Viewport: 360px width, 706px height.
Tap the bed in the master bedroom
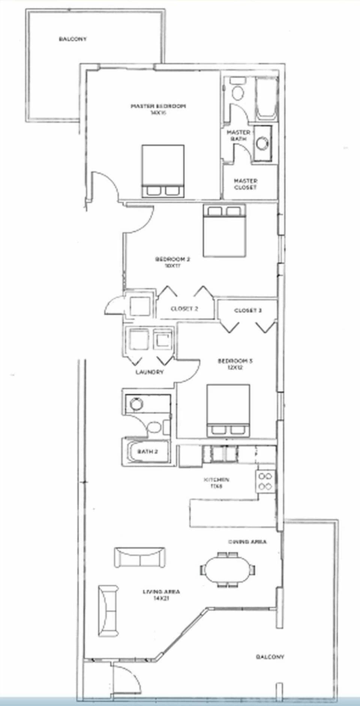[x=163, y=171]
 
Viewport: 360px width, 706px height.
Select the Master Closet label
[x=246, y=184]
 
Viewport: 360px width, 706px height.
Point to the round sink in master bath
[x=262, y=143]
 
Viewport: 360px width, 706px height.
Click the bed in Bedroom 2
[x=224, y=231]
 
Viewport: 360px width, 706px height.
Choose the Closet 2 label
[x=184, y=309]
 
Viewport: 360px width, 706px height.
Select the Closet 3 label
[x=248, y=310]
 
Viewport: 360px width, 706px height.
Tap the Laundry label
[x=149, y=372]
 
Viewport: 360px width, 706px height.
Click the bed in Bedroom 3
[x=228, y=411]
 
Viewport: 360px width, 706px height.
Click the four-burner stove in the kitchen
[x=265, y=481]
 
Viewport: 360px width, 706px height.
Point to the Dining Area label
[x=247, y=542]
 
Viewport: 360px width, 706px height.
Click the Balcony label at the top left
[x=73, y=39]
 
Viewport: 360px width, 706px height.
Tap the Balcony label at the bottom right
[x=270, y=657]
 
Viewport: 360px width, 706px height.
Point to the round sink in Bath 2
[x=136, y=403]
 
